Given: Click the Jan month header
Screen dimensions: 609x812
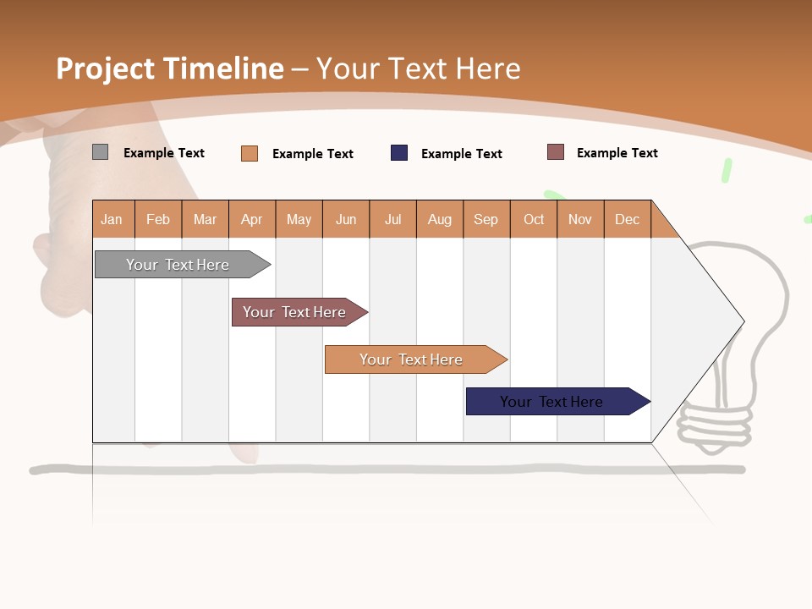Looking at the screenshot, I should (112, 219).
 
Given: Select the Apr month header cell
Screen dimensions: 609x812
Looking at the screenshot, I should (252, 219).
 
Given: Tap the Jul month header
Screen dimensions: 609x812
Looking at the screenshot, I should (392, 219).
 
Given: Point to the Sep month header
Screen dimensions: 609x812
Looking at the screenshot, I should (486, 219).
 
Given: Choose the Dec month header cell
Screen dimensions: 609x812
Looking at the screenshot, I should (627, 219).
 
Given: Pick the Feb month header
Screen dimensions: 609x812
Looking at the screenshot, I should (158, 219).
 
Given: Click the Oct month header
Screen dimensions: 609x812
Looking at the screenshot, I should (534, 219).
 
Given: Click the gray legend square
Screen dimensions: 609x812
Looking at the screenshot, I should (100, 152).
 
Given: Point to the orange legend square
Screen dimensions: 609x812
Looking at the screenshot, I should (250, 153).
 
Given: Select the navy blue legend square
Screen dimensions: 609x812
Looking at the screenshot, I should (399, 153).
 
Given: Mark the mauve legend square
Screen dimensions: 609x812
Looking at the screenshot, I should (555, 152).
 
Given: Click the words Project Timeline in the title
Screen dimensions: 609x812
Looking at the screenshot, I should (169, 69).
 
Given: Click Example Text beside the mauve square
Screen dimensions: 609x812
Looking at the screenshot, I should (617, 153).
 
